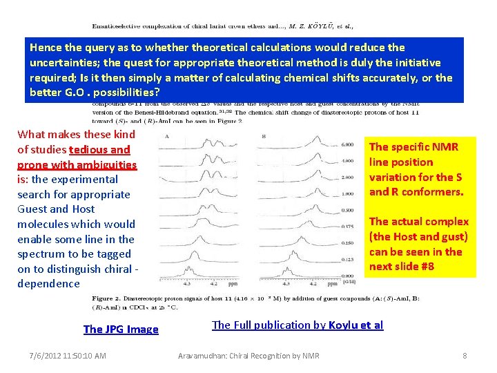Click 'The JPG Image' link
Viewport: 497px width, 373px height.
pyautogui.click(x=121, y=329)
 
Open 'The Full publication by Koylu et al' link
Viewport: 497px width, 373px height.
pyautogui.click(x=298, y=325)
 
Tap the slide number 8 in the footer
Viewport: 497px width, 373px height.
pyautogui.click(x=465, y=356)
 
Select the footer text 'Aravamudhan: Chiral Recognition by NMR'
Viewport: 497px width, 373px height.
pyautogui.click(x=248, y=356)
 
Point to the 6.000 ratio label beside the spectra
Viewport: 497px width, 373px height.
pyautogui.click(x=348, y=144)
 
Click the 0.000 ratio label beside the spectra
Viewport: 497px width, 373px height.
pyautogui.click(x=348, y=276)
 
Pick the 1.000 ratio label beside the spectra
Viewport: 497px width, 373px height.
pyautogui.click(x=348, y=193)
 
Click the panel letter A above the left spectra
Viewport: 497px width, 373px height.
pyautogui.click(x=168, y=136)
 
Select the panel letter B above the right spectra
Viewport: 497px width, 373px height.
pyautogui.click(x=264, y=136)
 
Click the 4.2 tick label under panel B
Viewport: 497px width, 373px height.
pyautogui.click(x=312, y=283)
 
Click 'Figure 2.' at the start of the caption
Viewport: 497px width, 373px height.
pyautogui.click(x=108, y=298)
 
